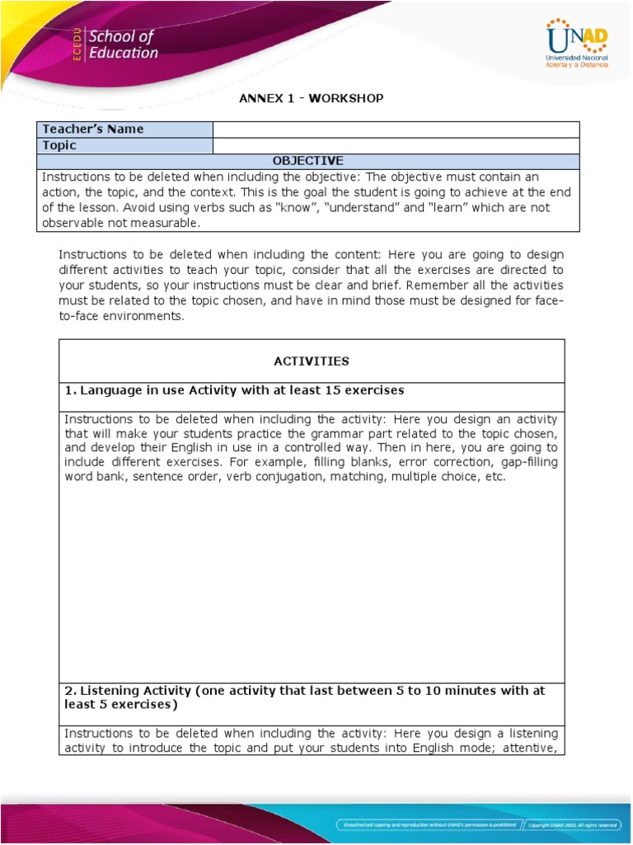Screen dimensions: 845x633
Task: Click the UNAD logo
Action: click(577, 45)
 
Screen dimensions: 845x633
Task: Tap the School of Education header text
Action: click(123, 45)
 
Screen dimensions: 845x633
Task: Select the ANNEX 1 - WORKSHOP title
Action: click(311, 99)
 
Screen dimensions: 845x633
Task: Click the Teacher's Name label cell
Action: click(125, 130)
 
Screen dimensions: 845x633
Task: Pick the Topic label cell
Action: click(125, 145)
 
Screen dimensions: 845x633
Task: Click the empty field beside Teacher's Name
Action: click(396, 130)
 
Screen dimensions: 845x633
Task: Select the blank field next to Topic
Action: click(396, 145)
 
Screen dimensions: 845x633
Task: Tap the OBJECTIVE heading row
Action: click(308, 161)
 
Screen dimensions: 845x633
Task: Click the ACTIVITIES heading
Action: click(311, 361)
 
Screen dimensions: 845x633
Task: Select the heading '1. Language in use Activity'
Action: click(234, 389)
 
